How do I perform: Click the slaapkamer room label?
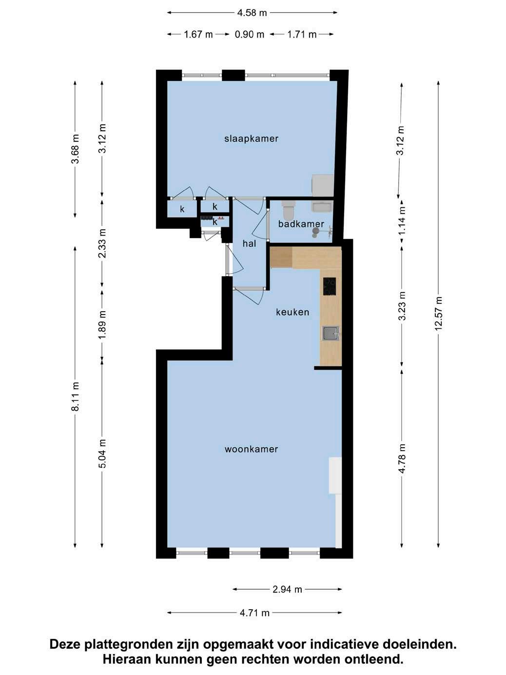[251, 139]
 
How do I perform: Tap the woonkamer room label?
[251, 449]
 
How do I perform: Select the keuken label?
[292, 312]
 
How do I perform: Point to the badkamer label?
[301, 224]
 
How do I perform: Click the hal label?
[249, 244]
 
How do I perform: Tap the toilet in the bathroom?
[288, 209]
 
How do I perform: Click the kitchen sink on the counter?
[331, 333]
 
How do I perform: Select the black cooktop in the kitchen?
[330, 286]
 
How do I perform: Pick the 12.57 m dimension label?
[438, 314]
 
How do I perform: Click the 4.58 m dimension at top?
[252, 13]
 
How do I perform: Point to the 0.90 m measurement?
[250, 34]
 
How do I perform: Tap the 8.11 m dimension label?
[75, 397]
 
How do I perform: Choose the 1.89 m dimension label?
[102, 324]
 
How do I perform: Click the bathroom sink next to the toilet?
[322, 206]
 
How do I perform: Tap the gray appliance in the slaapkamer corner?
[323, 185]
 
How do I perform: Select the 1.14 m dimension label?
[402, 220]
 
